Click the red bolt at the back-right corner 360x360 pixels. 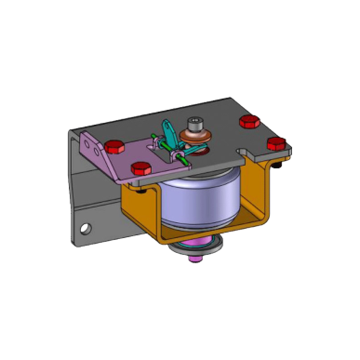tap(248, 122)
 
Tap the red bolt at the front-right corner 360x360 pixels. tap(274, 143)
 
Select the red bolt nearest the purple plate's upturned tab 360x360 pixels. tap(114, 146)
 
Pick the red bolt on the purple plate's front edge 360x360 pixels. tap(141, 168)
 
